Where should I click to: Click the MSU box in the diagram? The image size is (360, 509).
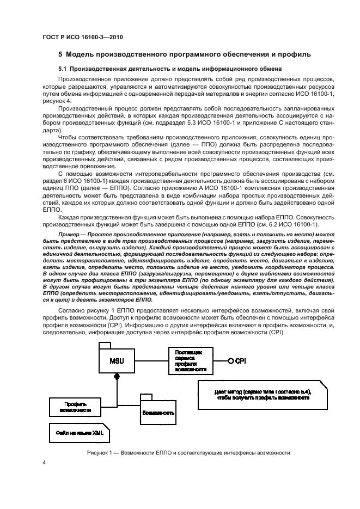[116, 361]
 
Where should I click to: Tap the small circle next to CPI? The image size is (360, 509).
[230, 360]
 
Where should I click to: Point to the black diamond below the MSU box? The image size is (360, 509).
[116, 377]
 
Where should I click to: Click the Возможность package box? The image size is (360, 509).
[158, 412]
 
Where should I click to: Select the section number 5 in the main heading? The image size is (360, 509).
[61, 54]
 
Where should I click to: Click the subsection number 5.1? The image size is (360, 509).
[63, 69]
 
